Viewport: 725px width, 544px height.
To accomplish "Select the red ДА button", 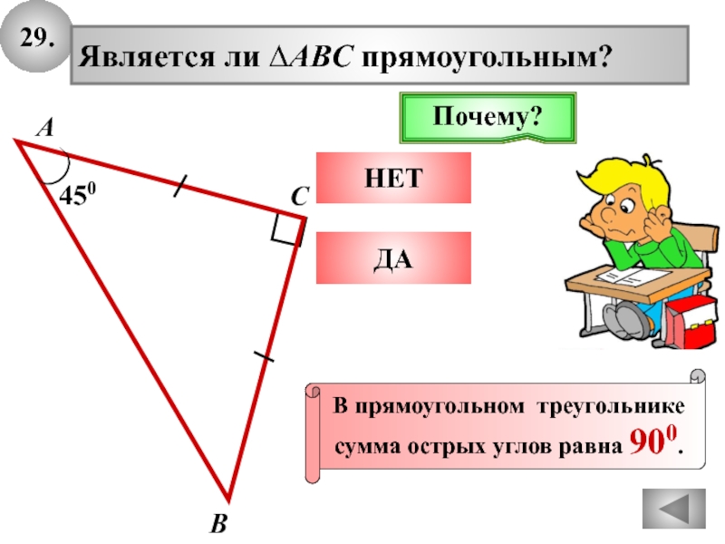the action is coord(394,257).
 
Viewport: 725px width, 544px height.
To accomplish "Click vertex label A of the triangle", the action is coord(43,131).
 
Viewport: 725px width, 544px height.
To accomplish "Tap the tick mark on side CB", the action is coord(264,355).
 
